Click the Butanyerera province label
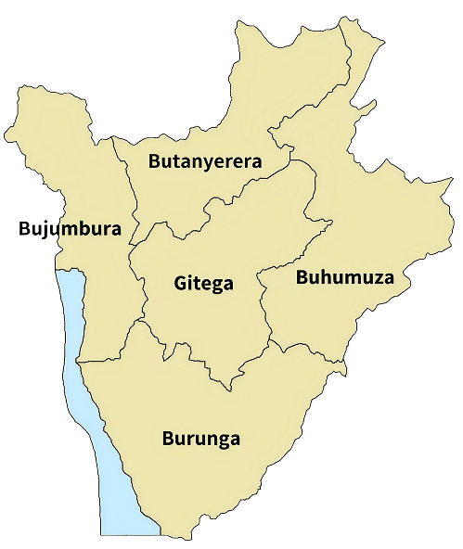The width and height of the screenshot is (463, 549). click(205, 161)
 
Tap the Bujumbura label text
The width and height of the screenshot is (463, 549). click(71, 228)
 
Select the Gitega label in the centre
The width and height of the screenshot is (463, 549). click(203, 283)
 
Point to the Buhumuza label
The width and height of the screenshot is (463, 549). click(344, 277)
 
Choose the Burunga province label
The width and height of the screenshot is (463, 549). click(200, 438)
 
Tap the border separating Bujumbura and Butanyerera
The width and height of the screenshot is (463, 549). click(124, 176)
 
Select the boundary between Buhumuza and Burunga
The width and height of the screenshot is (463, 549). click(306, 347)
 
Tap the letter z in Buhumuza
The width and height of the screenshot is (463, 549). click(374, 277)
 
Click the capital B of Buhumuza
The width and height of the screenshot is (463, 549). click(302, 277)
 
